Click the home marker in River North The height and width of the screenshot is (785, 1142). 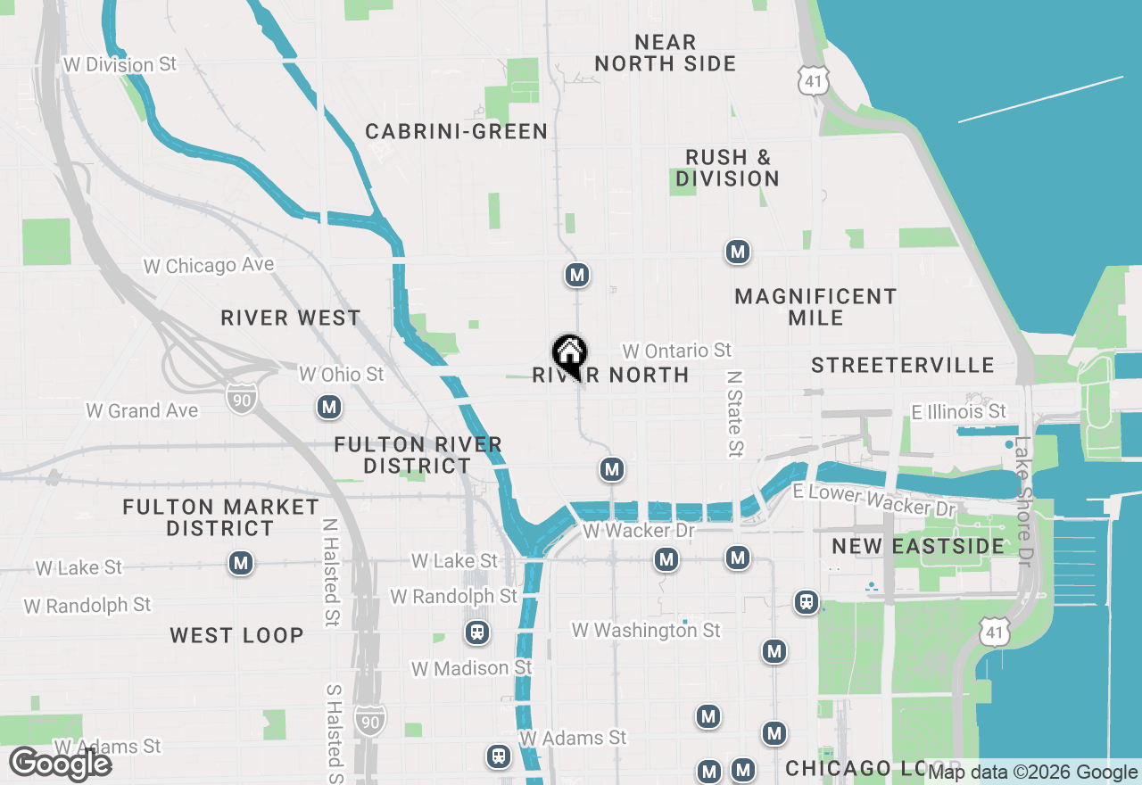tap(569, 355)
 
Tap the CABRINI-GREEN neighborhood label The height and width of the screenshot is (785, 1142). tap(456, 132)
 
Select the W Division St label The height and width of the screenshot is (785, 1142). tap(120, 65)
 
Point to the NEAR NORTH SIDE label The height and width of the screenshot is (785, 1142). tap(666, 53)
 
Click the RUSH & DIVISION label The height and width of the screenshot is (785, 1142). tap(727, 168)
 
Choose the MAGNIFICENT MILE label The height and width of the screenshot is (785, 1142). tap(815, 307)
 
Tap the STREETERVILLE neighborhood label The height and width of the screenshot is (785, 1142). tap(903, 365)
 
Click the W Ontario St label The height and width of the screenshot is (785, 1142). tap(677, 351)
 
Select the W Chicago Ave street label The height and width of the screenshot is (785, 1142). tap(209, 266)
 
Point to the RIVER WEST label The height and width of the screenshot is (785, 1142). tap(291, 318)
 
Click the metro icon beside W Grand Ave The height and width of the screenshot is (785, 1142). tap(329, 408)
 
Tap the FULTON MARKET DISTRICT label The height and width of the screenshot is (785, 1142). tap(220, 517)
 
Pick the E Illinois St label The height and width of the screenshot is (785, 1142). tap(958, 411)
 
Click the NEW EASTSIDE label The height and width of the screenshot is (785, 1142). tap(918, 546)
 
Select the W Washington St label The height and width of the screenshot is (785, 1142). tap(646, 631)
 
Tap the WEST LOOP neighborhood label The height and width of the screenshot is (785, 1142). tap(237, 636)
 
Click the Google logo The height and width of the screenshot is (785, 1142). tap(61, 764)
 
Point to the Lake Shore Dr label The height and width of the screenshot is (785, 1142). tap(1022, 500)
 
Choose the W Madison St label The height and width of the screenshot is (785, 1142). tap(471, 668)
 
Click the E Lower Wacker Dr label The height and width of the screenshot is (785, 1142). tap(873, 500)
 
